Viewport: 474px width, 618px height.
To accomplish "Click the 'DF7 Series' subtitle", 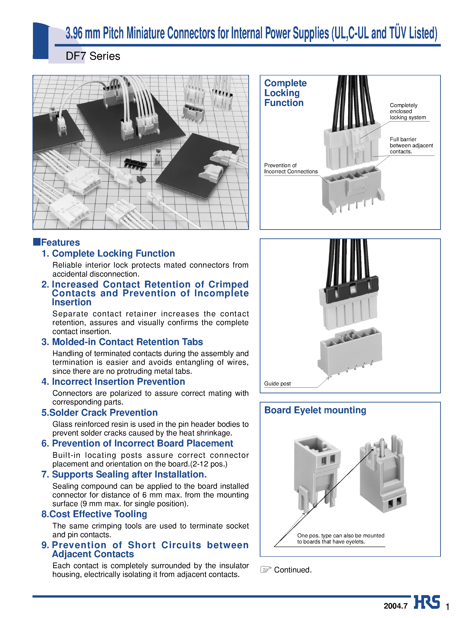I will point(93,56).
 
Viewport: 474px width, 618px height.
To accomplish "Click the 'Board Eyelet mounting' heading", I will point(315,410).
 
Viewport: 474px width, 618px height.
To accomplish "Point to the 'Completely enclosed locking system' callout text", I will point(407,111).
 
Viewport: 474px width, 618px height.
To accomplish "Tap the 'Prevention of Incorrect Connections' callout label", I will point(291,168).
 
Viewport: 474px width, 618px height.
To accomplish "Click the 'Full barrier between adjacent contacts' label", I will point(411,145).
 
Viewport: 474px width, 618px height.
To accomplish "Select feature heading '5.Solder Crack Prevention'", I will point(99,412).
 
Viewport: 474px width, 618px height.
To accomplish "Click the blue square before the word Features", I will point(37,242).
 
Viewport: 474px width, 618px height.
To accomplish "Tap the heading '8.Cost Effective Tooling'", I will point(94,514).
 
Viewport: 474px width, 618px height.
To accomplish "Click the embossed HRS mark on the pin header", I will point(359,184).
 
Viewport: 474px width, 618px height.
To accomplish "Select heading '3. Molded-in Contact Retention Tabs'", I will point(122,342).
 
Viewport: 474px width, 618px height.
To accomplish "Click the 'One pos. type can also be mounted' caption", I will point(341,535).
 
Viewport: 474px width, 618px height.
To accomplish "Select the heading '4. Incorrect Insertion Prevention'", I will point(113,381).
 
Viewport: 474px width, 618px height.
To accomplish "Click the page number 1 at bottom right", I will point(447,606).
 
